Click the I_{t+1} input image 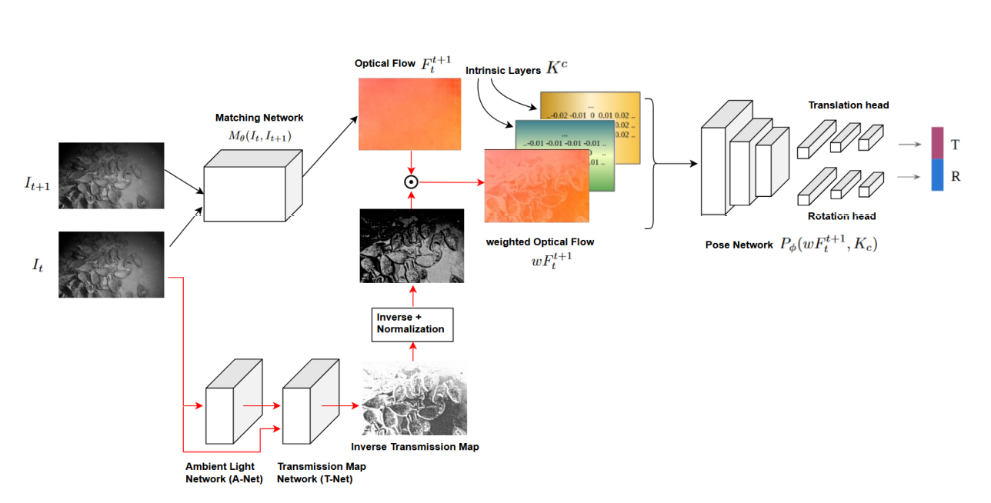tap(112, 175)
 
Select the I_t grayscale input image tap(112, 265)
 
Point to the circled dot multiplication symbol tap(411, 182)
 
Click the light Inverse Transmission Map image tap(414, 398)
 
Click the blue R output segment tap(937, 175)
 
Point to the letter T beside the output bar tap(955, 145)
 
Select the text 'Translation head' tap(849, 105)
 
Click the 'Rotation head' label tap(842, 216)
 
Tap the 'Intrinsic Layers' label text tap(502, 71)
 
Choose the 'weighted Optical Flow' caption tap(539, 242)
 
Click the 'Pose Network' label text tap(739, 245)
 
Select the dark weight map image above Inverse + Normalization tap(412, 246)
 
